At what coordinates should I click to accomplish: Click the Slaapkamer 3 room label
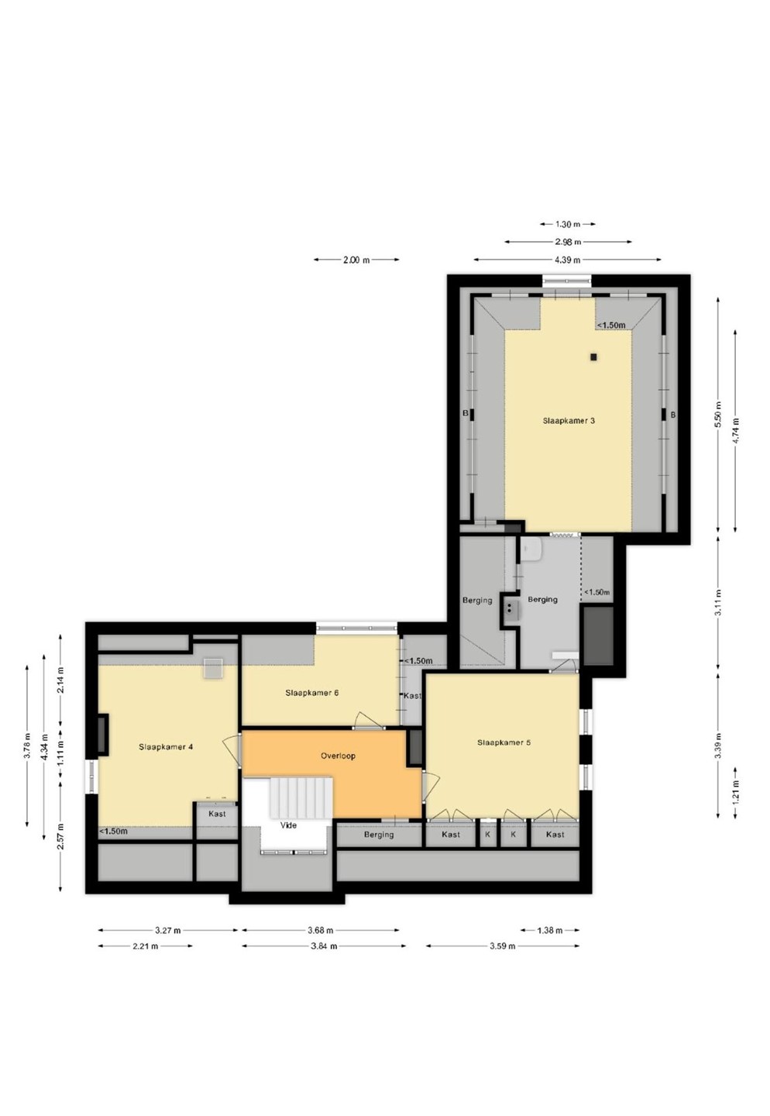[x=569, y=420]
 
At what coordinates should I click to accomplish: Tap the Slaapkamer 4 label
[x=166, y=746]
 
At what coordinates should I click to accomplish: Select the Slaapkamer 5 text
[x=504, y=742]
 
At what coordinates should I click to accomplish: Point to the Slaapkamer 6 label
[x=311, y=693]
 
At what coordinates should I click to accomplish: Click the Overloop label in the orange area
[x=338, y=756]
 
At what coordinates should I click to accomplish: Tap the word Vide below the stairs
[x=288, y=825]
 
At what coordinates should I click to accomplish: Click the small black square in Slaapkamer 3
[x=593, y=356]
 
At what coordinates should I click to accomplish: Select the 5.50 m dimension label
[x=717, y=414]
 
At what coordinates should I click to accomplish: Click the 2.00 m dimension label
[x=356, y=260]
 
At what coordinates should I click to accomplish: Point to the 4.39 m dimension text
[x=567, y=260]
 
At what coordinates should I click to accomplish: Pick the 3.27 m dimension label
[x=168, y=930]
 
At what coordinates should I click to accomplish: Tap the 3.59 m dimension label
[x=502, y=946]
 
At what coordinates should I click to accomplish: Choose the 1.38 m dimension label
[x=549, y=930]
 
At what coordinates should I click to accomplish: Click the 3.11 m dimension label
[x=717, y=602]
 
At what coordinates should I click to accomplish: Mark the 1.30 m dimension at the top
[x=567, y=224]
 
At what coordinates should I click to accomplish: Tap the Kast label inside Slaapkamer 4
[x=217, y=814]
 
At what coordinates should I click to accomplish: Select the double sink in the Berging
[x=510, y=608]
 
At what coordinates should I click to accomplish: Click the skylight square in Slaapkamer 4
[x=213, y=668]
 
